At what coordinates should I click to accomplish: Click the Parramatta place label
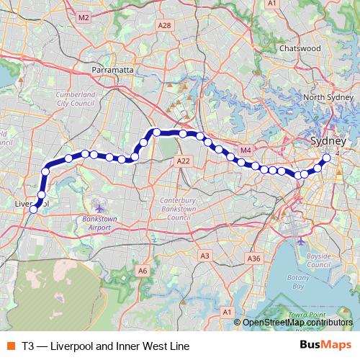113,70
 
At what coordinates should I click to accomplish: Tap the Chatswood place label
300,48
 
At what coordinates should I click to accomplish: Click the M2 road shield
84,17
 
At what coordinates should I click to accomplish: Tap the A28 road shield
165,25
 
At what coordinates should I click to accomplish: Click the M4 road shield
246,150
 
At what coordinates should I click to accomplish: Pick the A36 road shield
253,258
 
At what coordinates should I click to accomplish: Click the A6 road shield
143,271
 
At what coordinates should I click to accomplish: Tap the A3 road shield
204,256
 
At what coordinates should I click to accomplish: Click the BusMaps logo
325,346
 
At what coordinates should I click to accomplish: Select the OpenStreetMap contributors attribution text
297,323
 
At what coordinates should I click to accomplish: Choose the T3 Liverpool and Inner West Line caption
105,346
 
